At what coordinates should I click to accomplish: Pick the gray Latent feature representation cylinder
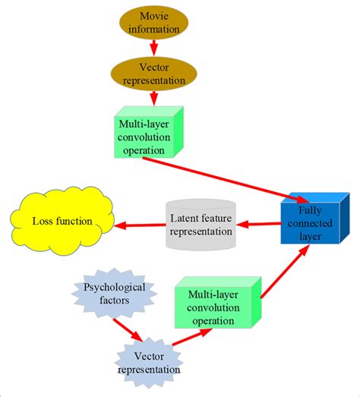coord(201,225)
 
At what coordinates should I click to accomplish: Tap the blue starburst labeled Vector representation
coord(149,364)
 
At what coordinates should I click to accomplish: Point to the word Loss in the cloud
coord(43,221)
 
